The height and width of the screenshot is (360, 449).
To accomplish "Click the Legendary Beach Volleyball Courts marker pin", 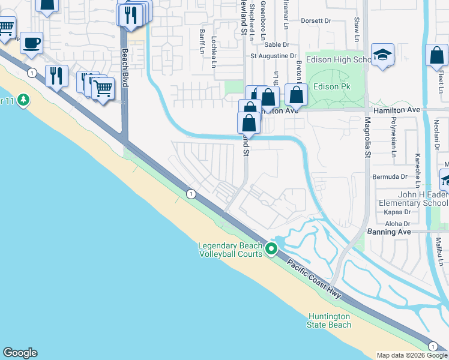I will [271, 248].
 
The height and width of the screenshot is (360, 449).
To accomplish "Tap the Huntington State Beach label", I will [330, 320].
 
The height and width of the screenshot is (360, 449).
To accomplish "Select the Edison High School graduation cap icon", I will [382, 56].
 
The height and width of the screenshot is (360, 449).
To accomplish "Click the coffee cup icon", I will [31, 43].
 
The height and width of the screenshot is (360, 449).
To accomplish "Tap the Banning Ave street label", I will [388, 232].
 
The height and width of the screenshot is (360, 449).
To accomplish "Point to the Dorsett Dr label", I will [316, 20].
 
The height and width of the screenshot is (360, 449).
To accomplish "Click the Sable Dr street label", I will [277, 44].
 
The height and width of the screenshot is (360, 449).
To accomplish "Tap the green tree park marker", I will [23, 99].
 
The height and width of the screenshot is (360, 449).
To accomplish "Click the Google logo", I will [20, 353].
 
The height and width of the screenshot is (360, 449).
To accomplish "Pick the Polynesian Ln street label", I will [394, 142].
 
